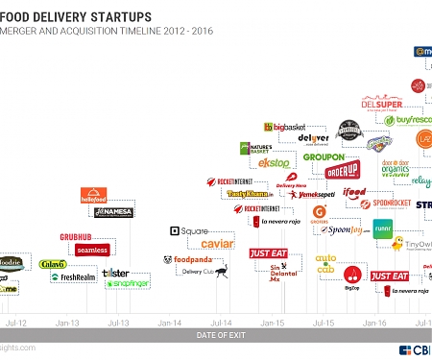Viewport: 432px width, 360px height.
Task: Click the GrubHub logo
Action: click(83, 235)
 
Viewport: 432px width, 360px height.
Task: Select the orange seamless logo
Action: click(92, 250)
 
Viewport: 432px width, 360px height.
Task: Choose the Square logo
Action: click(189, 231)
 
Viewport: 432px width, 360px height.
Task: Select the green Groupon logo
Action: click(323, 156)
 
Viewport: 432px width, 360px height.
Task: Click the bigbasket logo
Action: click(289, 126)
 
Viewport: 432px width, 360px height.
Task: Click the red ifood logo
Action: click(354, 192)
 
